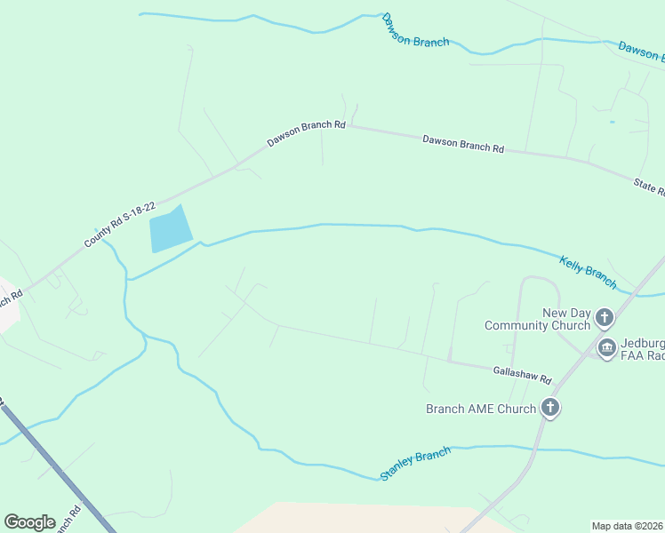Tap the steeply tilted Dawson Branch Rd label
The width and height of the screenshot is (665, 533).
click(306, 133)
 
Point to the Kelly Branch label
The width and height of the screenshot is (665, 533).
click(588, 272)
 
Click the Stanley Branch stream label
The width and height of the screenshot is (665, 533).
click(415, 464)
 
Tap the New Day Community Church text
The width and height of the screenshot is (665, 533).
click(537, 319)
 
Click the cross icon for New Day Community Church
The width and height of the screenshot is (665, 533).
click(605, 317)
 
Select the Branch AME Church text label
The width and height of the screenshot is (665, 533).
click(481, 409)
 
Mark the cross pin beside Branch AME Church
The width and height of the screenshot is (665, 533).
click(550, 408)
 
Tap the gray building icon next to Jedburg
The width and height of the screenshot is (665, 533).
click(607, 347)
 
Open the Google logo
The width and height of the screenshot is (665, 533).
click(29, 522)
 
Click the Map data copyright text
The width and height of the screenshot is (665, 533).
click(628, 525)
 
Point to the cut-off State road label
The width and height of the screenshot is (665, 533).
click(649, 187)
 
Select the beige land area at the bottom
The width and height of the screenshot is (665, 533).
click(356, 519)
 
